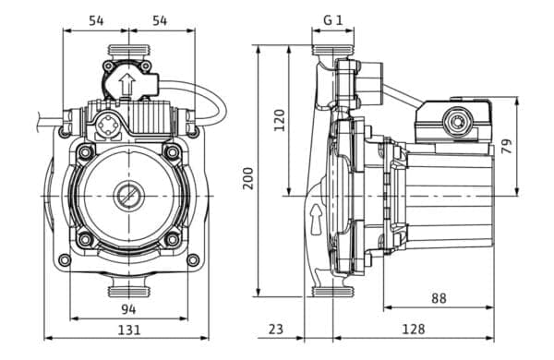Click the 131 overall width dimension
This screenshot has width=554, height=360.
pos(129,330)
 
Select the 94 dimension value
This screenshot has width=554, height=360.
pos(128,310)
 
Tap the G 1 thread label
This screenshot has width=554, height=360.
pos(333,20)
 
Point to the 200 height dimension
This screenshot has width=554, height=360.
pos(248,178)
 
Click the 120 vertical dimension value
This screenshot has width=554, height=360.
pos(280,121)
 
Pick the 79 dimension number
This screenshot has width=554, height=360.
pos(507,146)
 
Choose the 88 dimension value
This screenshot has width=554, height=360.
pos(439,298)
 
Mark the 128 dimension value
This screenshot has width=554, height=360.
pos(414,330)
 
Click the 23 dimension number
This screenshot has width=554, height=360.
pos(276,330)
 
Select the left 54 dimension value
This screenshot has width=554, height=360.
pos(96,20)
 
